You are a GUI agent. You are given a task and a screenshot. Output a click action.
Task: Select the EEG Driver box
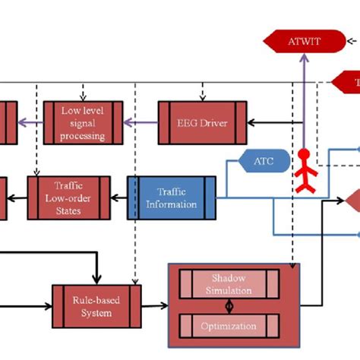[203, 122]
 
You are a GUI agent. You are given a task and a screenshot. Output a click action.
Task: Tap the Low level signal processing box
[82, 122]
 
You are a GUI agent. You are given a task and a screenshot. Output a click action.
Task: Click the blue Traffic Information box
[171, 197]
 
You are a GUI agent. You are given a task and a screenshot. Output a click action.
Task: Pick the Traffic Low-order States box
[68, 197]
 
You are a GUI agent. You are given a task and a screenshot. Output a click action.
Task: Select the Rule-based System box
[96, 306]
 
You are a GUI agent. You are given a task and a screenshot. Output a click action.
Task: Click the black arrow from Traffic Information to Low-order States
[118, 197]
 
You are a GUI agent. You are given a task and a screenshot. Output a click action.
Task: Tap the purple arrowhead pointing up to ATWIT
[303, 61]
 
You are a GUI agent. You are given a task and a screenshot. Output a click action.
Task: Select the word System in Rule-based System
[96, 312]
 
